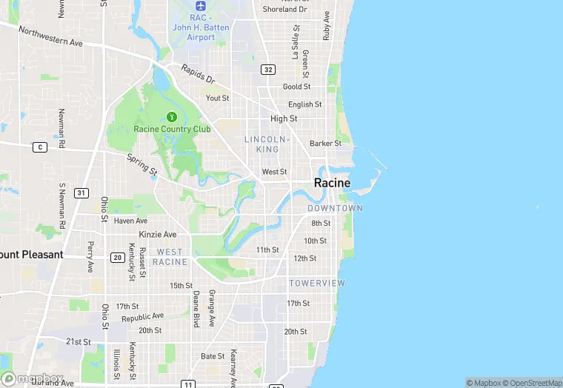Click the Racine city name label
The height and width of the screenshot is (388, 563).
332,183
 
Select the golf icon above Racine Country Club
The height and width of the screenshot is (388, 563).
172,116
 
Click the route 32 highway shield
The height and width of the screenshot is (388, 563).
268,70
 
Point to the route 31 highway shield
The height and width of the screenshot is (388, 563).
81,193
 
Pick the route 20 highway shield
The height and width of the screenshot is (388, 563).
117,258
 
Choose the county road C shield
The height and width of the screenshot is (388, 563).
39,147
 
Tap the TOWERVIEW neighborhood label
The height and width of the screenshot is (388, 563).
317,284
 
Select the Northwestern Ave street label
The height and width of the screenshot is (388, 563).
50,37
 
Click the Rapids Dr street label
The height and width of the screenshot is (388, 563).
199,76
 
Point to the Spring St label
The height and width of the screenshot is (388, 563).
141,164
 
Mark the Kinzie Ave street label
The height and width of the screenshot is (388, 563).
159,234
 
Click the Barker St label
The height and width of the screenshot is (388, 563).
325,144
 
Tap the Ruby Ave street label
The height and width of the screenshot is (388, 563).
326,25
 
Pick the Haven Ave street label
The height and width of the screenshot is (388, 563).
130,221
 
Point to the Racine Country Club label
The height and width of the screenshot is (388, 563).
172,129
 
